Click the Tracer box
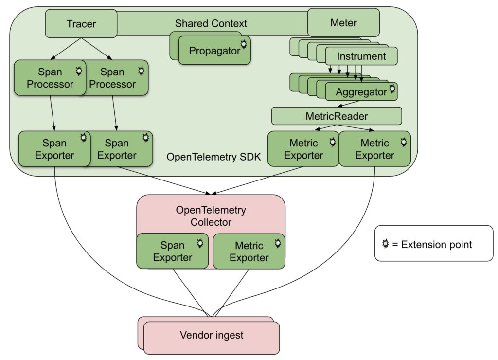click(x=81, y=23)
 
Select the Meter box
click(x=343, y=22)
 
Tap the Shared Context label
click(x=211, y=23)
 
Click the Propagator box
click(x=214, y=50)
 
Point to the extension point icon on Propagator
click(x=244, y=44)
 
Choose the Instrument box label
click(x=361, y=56)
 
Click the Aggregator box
click(x=361, y=91)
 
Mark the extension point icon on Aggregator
click(x=392, y=89)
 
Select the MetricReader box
click(x=337, y=116)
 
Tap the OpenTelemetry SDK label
click(x=213, y=157)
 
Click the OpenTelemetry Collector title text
click(x=211, y=216)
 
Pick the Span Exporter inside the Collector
click(x=173, y=251)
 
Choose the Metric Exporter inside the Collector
click(x=249, y=251)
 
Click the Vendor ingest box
click(x=212, y=338)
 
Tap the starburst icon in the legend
click(x=385, y=244)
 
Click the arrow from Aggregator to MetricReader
click(x=348, y=104)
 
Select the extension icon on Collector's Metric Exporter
click(x=278, y=243)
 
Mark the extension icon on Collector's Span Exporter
click(x=200, y=243)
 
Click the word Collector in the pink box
click(x=211, y=222)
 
